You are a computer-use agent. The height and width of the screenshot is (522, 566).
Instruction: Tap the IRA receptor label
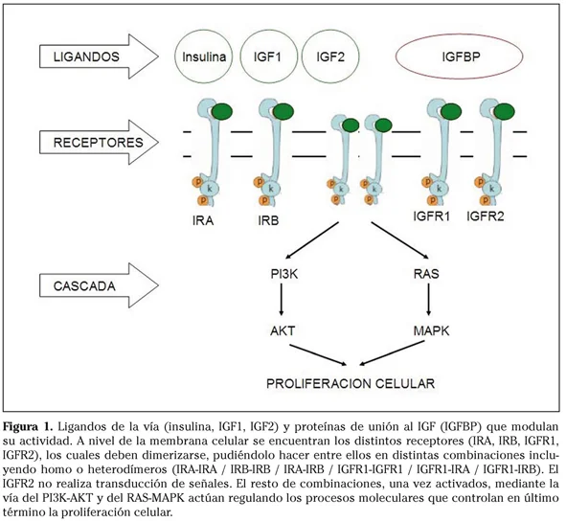[203, 220]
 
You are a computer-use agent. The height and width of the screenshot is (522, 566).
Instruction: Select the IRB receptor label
[268, 220]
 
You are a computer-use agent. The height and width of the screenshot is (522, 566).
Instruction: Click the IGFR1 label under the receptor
[432, 216]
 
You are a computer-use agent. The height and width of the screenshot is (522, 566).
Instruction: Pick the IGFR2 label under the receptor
[486, 216]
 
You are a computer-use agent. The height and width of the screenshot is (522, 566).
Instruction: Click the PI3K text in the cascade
[284, 274]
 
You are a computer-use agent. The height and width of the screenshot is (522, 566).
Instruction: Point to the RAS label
[426, 274]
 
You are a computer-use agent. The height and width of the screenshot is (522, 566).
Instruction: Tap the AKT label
[283, 330]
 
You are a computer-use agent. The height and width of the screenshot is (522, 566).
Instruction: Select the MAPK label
[431, 330]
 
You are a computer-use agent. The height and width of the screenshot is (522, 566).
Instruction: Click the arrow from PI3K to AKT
[282, 300]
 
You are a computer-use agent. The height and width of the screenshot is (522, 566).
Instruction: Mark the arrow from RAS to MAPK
[428, 300]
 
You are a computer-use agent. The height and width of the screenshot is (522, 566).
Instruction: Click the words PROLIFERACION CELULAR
[351, 383]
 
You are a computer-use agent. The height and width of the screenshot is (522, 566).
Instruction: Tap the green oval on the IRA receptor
[222, 111]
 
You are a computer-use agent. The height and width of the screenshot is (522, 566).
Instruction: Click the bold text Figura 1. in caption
[28, 427]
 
